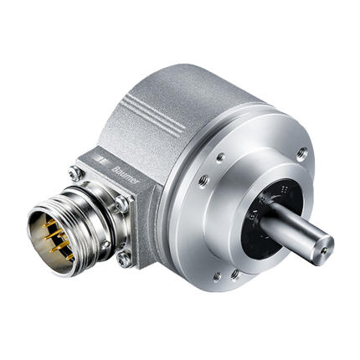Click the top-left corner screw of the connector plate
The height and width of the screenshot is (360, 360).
(x=75, y=174)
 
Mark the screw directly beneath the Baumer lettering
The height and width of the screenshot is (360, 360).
(x=123, y=203)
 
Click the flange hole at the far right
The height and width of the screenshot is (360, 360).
(x=301, y=152)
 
